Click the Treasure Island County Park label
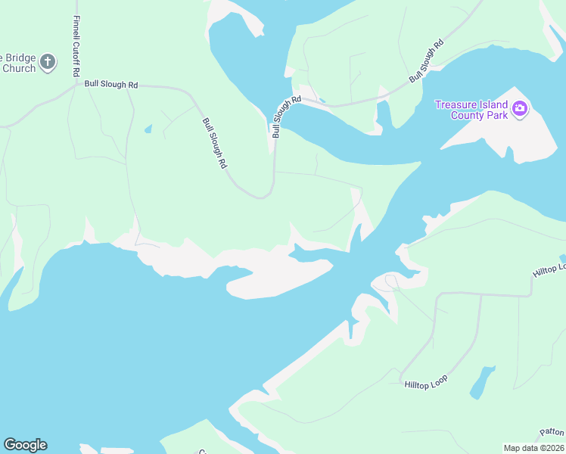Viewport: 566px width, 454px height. pos(471,110)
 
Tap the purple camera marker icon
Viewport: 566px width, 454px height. pos(520,109)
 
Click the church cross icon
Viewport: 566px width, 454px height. pos(48,62)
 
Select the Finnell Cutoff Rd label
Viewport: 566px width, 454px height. pos(76,46)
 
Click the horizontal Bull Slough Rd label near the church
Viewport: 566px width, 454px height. pos(111,85)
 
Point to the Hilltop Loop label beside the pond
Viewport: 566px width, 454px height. pos(425,381)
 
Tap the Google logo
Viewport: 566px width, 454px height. pos(25,445)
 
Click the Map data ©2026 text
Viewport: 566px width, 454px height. pos(534,448)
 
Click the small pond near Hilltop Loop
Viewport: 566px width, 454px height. pos(481,383)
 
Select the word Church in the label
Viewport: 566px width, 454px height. pos(19,69)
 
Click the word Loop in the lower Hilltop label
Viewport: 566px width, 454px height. pos(438,378)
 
